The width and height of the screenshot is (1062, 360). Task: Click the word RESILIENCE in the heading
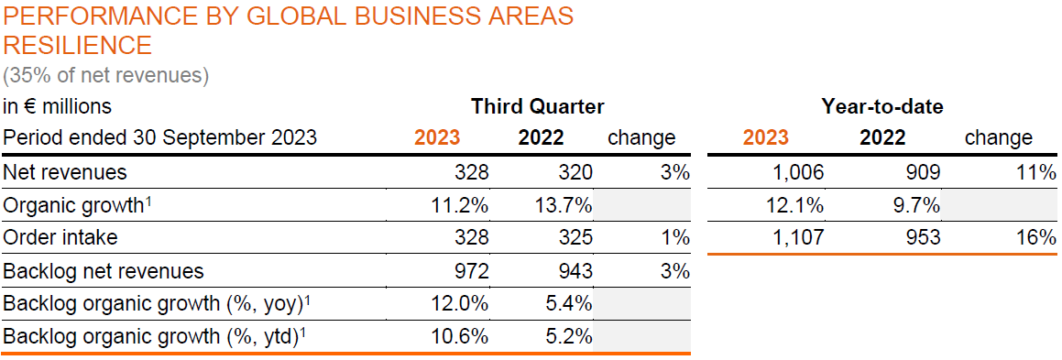click(x=78, y=45)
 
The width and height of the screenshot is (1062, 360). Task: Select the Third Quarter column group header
click(x=537, y=106)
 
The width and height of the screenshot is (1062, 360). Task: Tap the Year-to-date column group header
click(x=881, y=106)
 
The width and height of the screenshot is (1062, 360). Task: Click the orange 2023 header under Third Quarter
click(x=437, y=138)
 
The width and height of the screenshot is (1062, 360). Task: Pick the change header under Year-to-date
click(x=998, y=138)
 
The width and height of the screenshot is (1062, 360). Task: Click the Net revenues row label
click(x=65, y=171)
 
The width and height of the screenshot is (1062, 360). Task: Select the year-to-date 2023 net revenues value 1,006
click(x=796, y=171)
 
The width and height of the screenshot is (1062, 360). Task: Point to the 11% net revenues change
click(x=1037, y=171)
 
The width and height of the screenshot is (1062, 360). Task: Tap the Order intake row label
click(x=60, y=238)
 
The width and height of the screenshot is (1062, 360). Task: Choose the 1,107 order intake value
click(x=796, y=238)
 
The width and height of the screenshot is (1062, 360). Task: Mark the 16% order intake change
click(x=1037, y=238)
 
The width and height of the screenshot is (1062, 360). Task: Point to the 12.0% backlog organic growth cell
click(x=459, y=304)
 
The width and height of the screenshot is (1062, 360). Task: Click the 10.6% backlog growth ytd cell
click(x=459, y=337)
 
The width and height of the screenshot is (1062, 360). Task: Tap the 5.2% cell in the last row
click(x=569, y=337)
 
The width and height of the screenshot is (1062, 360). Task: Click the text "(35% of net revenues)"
click(x=105, y=74)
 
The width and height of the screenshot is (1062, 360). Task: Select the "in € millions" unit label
click(x=57, y=106)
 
